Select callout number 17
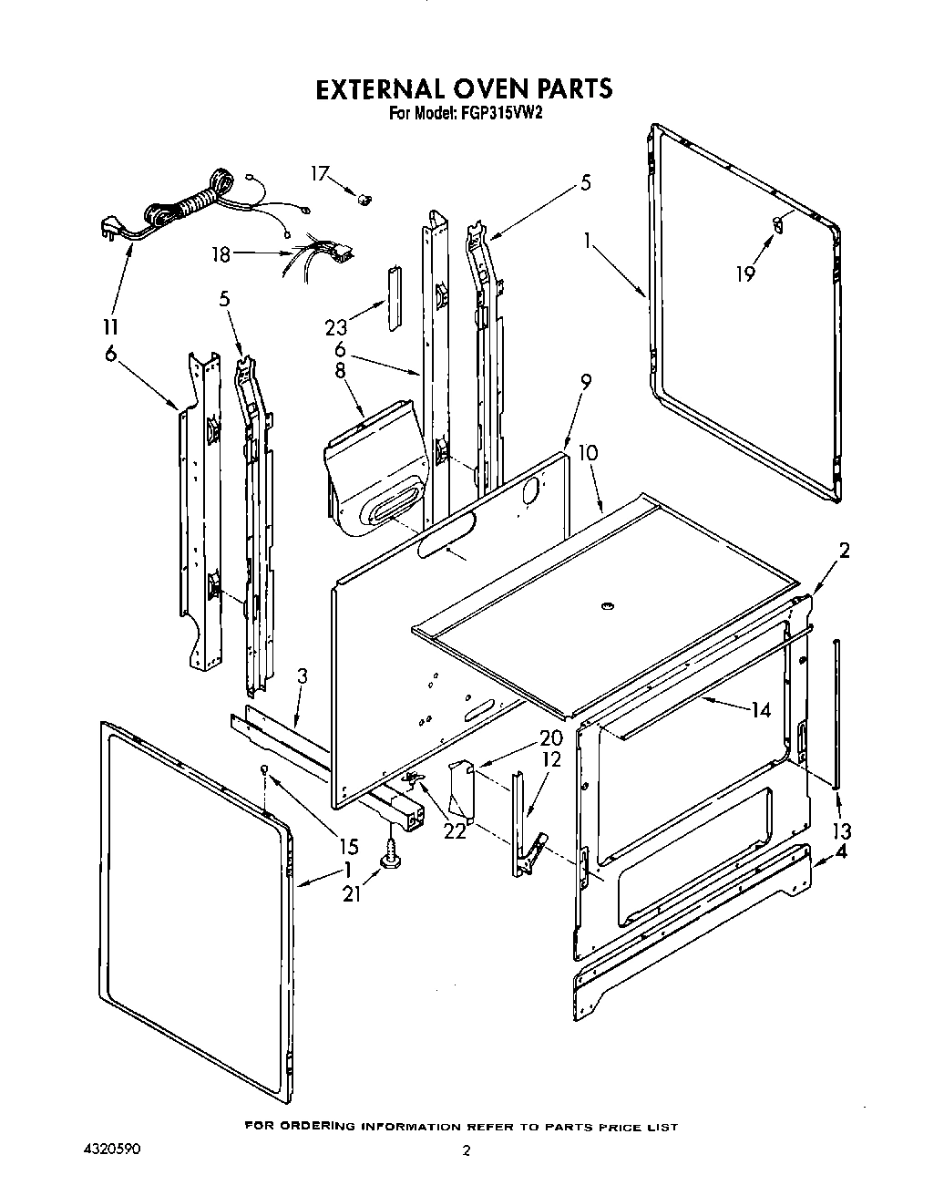tap(318, 172)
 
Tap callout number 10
tap(588, 452)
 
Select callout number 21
tap(352, 894)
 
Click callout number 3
tap(303, 676)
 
